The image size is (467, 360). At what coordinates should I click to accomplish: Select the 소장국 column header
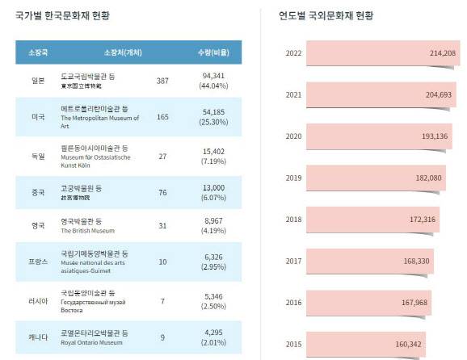pyautogui.click(x=38, y=52)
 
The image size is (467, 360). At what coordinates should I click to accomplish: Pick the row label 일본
pyautogui.click(x=38, y=81)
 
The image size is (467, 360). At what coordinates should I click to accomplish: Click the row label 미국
pyautogui.click(x=38, y=117)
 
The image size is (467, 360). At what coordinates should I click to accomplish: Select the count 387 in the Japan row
pyautogui.click(x=162, y=81)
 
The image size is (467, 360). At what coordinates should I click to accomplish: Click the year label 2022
pyautogui.click(x=294, y=53)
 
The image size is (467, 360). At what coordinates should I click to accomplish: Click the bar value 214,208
pyautogui.click(x=444, y=53)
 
